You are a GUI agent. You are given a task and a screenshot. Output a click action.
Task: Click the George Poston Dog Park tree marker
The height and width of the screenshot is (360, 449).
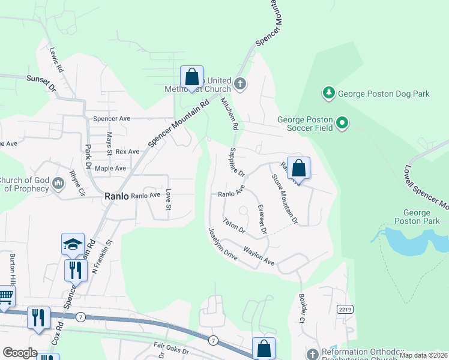pyautogui.click(x=328, y=93)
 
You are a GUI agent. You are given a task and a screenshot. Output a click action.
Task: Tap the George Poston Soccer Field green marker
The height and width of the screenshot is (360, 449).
pyautogui.click(x=342, y=124)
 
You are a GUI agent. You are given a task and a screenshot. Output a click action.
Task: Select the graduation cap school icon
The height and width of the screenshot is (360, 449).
pyautogui.click(x=73, y=245)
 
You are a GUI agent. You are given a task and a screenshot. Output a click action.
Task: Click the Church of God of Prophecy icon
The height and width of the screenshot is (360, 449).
pyautogui.click(x=58, y=183)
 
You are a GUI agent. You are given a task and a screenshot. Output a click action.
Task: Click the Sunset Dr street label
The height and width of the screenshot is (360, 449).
pyautogui.click(x=41, y=83)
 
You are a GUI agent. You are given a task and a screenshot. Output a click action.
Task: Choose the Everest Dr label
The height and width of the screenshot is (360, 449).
pyautogui.click(x=261, y=219)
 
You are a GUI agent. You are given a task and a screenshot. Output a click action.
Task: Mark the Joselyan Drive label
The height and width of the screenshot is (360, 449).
pyautogui.click(x=223, y=244)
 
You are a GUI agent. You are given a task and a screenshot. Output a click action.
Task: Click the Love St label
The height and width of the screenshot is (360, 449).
pyautogui.click(x=169, y=200)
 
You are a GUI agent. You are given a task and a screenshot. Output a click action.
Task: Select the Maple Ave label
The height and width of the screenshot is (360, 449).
pyautogui.click(x=110, y=169)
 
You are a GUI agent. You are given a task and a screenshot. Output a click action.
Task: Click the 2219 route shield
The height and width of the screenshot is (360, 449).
pyautogui.click(x=344, y=310)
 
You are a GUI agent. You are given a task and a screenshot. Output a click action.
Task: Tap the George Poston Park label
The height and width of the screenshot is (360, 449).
pyautogui.click(x=417, y=217)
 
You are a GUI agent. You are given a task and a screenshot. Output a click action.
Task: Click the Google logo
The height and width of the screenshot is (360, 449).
pyautogui.click(x=20, y=353)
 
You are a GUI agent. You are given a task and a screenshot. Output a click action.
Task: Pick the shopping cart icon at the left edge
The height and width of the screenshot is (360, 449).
pyautogui.click(x=5, y=296)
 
